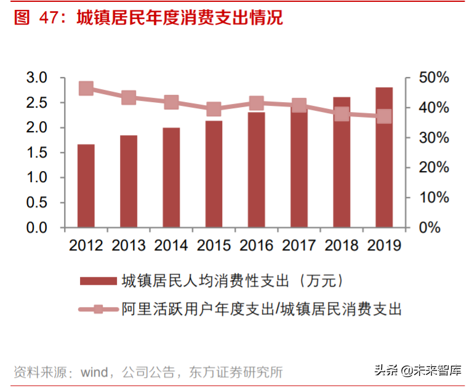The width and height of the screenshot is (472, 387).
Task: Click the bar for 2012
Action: (x=86, y=186)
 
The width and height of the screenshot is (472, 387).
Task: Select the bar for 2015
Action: (x=214, y=174)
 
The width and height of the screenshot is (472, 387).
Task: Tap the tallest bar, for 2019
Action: (x=384, y=158)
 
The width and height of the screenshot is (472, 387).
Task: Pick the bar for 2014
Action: (x=171, y=178)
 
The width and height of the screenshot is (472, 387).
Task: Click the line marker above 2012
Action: (x=86, y=89)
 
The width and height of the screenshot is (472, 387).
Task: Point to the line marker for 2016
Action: (x=257, y=103)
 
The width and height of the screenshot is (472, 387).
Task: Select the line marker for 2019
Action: (x=384, y=116)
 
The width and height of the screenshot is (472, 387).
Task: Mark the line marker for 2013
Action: (x=129, y=98)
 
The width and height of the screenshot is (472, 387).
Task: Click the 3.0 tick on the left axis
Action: (x=37, y=78)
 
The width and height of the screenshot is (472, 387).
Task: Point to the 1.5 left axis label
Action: (x=37, y=153)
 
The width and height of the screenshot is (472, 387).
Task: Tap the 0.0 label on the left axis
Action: (x=37, y=228)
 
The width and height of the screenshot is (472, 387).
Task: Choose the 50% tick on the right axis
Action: (x=434, y=78)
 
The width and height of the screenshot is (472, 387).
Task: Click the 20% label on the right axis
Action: (x=434, y=168)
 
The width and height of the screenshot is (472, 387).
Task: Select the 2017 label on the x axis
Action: (x=299, y=245)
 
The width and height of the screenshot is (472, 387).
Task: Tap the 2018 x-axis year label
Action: (x=342, y=245)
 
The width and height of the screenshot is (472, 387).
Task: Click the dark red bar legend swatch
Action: (x=98, y=281)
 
